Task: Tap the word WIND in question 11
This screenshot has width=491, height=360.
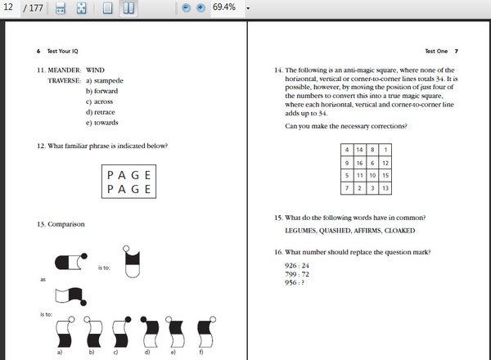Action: [x=96, y=70]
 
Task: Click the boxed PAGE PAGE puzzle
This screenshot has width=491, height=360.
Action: [x=129, y=182]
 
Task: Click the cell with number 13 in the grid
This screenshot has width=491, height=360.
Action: [x=386, y=189]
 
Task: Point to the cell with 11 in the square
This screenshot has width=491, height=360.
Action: [x=360, y=176]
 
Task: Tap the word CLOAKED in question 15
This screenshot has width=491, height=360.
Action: [x=416, y=232]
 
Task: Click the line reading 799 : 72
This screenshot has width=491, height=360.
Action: [x=292, y=274]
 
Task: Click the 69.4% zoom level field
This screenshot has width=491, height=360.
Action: [x=224, y=7]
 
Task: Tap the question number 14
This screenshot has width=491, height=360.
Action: [x=278, y=70]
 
